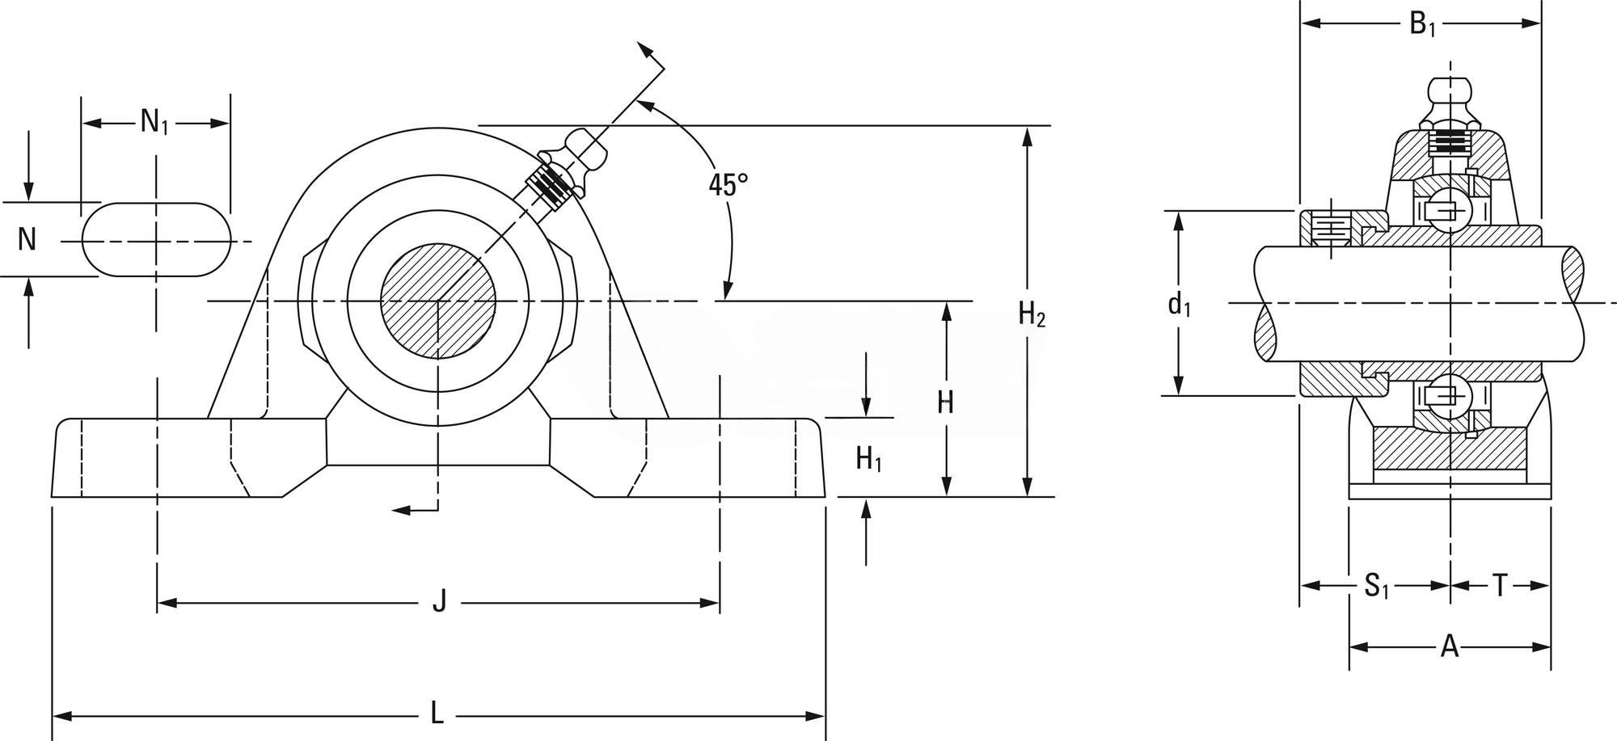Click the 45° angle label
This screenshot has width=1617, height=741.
point(728,184)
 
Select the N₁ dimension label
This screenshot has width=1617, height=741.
point(154,122)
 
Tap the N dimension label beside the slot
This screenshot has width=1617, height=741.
point(27,239)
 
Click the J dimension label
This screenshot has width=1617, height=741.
point(439,602)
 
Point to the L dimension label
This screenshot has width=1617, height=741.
point(437,714)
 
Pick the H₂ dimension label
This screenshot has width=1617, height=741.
point(1032,314)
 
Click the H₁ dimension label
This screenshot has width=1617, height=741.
point(868,460)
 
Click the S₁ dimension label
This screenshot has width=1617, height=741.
point(1376,586)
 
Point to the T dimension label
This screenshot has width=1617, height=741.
point(1500,586)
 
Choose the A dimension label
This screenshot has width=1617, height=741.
point(1450,646)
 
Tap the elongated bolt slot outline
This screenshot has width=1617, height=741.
point(156,240)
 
